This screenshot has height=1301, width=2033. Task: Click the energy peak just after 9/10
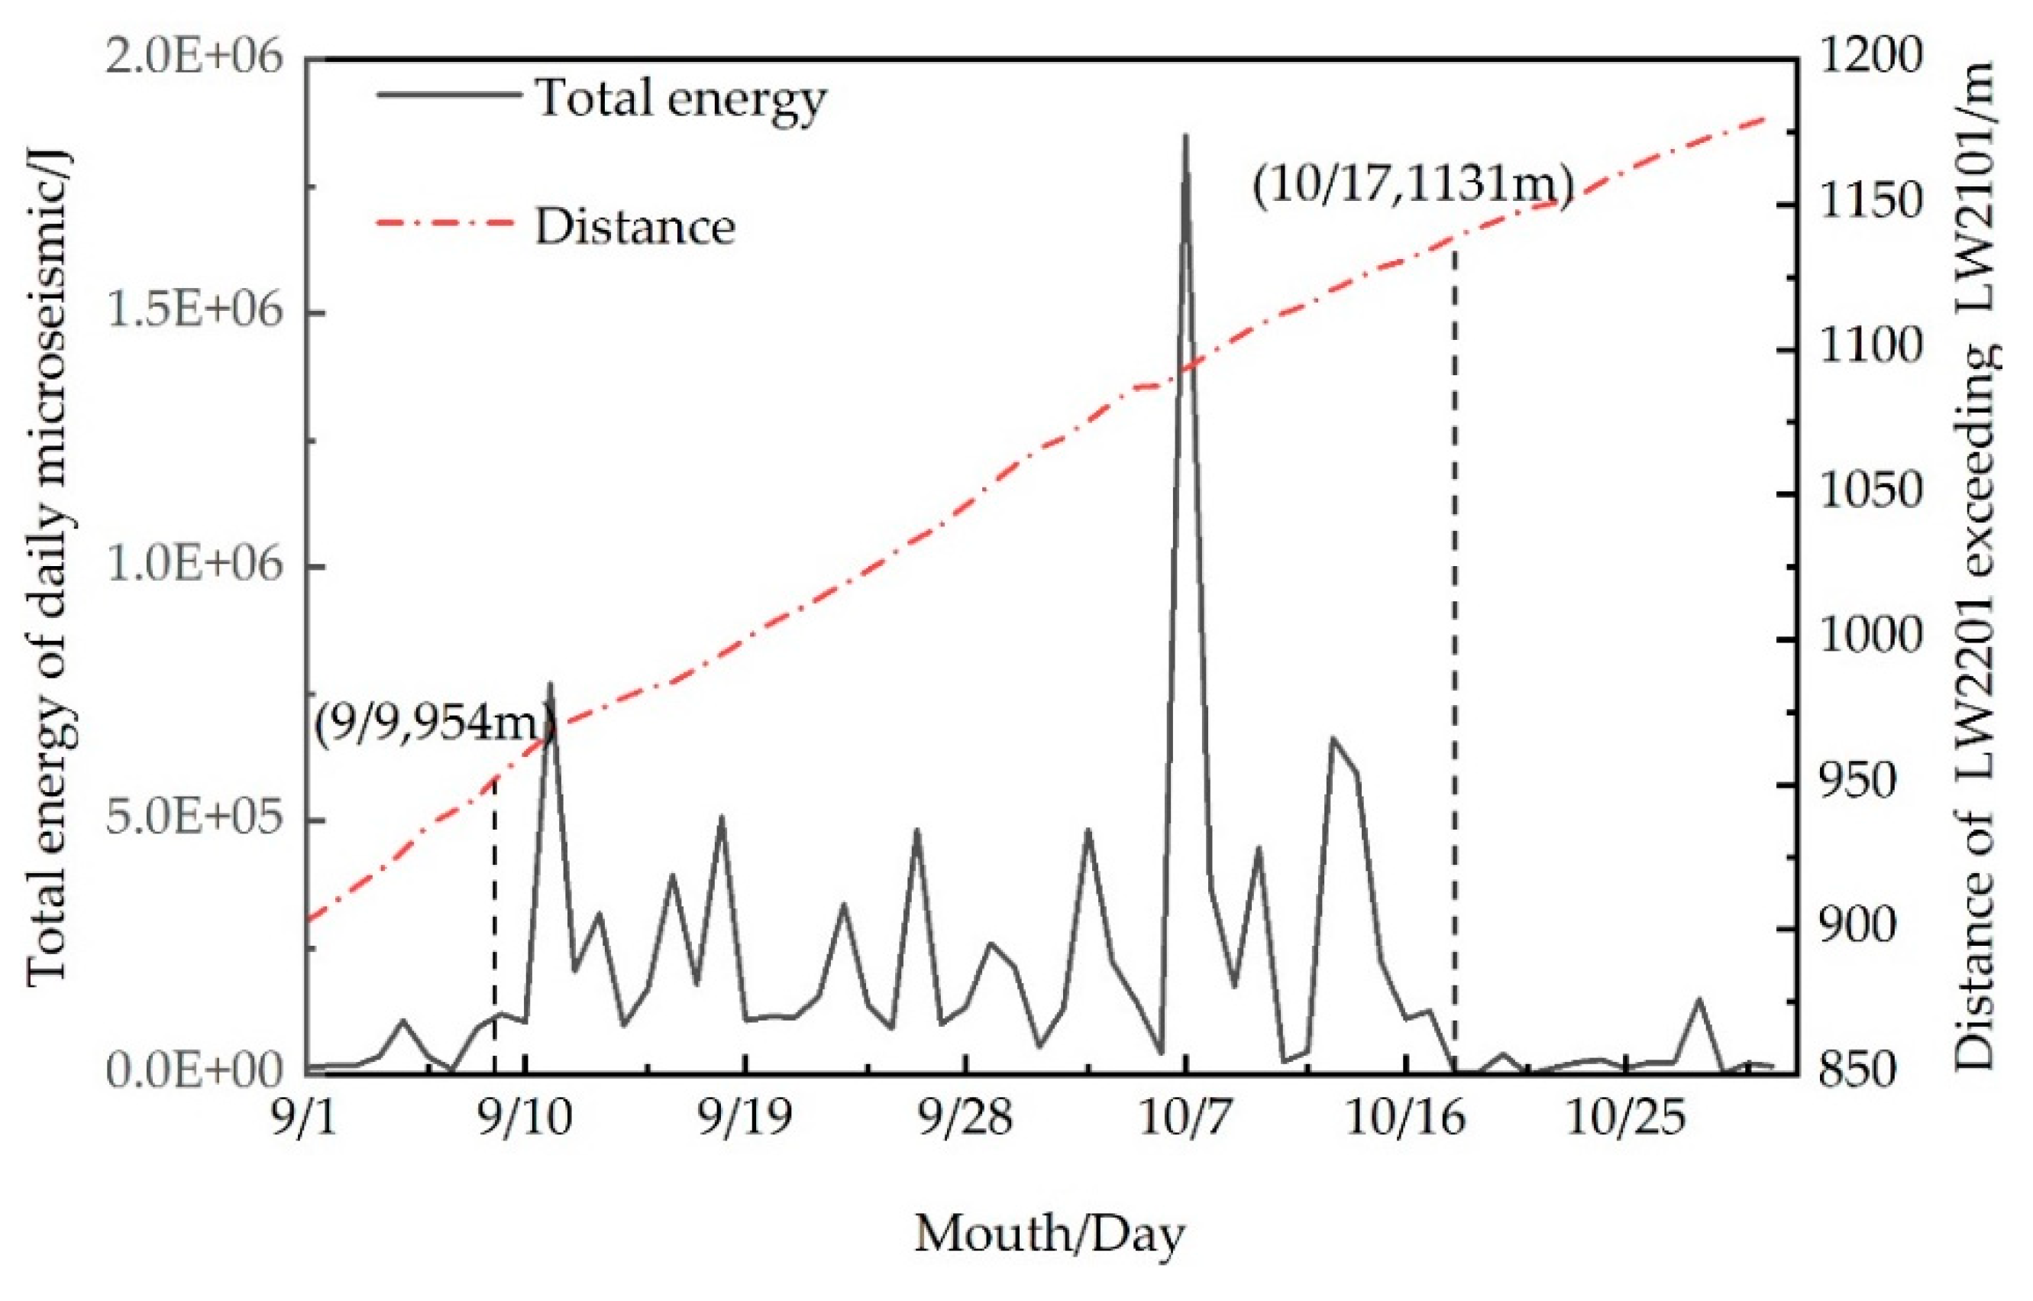tap(551, 684)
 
